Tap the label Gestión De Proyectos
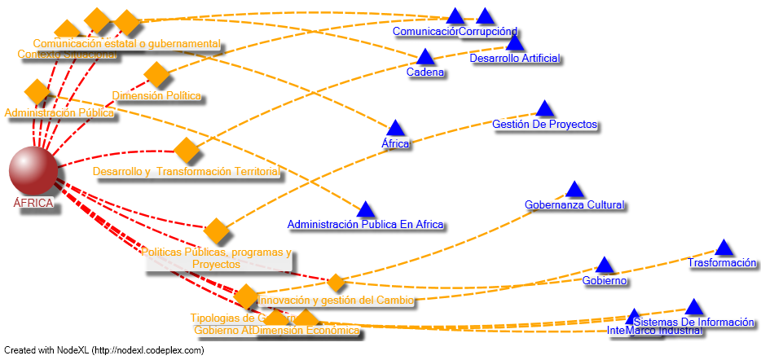(544, 125)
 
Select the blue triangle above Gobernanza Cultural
(574, 190)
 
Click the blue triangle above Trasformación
(724, 248)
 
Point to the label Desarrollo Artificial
(514, 59)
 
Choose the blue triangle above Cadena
(424, 57)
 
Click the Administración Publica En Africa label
(365, 224)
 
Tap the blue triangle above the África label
(395, 128)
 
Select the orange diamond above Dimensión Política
(156, 74)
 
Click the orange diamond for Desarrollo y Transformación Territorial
(187, 150)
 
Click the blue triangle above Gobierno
(604, 265)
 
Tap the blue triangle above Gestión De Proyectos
(544, 108)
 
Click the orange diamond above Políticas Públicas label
(216, 230)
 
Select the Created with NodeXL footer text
(103, 351)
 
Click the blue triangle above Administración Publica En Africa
(365, 210)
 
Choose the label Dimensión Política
(156, 96)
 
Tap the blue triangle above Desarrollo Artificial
(514, 43)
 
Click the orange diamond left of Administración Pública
(37, 91)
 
